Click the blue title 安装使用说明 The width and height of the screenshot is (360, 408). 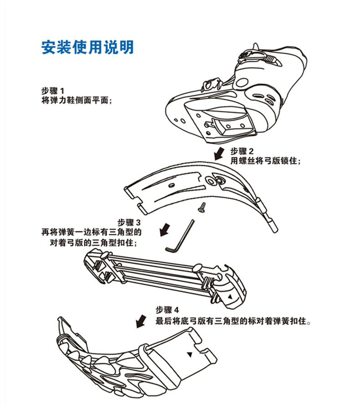[x=87, y=47]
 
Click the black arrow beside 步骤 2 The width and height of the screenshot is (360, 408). [x=219, y=153]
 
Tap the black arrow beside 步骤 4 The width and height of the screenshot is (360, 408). [x=143, y=321]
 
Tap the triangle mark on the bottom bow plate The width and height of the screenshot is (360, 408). [x=189, y=353]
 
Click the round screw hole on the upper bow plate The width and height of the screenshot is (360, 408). [x=213, y=181]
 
